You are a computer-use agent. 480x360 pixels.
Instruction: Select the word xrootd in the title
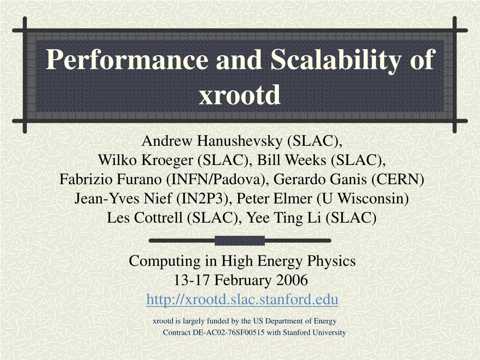point(240,95)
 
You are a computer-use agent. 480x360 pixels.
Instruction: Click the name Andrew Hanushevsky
point(212,141)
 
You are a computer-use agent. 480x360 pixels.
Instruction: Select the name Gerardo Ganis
point(316,180)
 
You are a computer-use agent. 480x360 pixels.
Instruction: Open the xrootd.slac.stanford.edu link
point(242,299)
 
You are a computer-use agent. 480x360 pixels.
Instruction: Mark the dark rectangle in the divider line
point(240,240)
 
